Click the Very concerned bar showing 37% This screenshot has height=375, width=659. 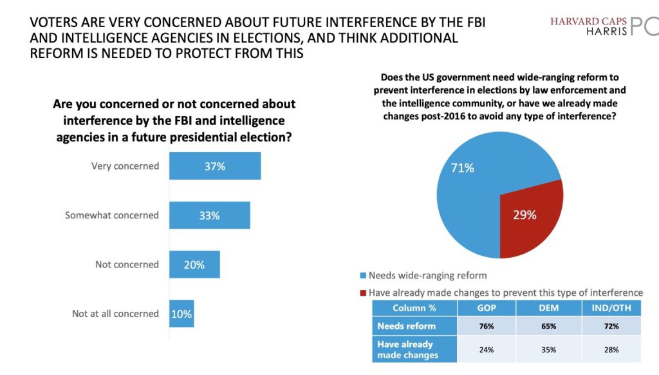[x=214, y=166]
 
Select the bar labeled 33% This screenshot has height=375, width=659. [x=209, y=215]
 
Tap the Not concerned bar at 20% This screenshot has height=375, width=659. [x=194, y=264]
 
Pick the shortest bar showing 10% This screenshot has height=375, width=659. [x=181, y=314]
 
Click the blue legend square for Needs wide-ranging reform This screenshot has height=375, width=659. [x=363, y=276]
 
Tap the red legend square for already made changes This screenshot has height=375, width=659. [x=363, y=293]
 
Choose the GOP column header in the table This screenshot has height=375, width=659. [x=486, y=308]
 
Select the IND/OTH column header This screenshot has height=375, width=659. [x=611, y=308]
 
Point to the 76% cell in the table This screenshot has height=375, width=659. [x=486, y=326]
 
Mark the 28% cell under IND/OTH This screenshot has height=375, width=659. [x=611, y=349]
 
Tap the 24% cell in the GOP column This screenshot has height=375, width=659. [x=486, y=349]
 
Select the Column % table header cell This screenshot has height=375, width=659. [x=414, y=308]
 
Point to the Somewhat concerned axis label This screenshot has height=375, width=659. [x=111, y=215]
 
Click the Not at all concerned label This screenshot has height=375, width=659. [x=115, y=314]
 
